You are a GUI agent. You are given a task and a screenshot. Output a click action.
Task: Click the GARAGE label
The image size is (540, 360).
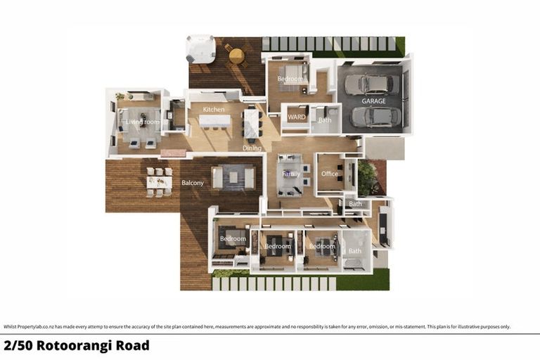tap(373, 101)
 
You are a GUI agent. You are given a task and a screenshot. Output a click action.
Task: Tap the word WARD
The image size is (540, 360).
tap(297, 117)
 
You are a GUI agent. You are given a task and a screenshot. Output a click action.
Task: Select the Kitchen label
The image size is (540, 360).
tap(214, 110)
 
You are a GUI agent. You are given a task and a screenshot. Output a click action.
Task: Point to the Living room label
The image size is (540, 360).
tap(143, 122)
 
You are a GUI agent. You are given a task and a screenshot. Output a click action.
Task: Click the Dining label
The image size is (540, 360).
tap(252, 148)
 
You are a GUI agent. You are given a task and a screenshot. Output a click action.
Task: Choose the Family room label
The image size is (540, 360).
tap(291, 174)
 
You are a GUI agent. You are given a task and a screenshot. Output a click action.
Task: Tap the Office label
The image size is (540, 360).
tap(330, 174)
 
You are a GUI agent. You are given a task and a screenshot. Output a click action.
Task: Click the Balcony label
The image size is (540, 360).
tap(193, 184)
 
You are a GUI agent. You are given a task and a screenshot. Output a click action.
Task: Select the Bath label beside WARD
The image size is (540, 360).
tap(324, 120)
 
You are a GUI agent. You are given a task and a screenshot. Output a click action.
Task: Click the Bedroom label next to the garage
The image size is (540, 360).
tap(290, 79)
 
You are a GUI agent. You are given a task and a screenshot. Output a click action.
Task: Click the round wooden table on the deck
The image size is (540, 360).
tap(237, 56)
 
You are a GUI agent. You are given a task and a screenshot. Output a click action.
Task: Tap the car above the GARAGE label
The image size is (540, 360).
tap(372, 84)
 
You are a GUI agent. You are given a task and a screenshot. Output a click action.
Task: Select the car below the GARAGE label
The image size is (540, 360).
tap(371, 117)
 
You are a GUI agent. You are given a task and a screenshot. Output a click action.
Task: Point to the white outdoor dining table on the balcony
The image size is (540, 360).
tap(159, 181)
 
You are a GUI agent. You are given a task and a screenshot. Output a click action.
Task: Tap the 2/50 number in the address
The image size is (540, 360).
tap(18, 346)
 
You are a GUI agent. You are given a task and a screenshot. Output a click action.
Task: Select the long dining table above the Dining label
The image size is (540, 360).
tap(252, 124)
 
